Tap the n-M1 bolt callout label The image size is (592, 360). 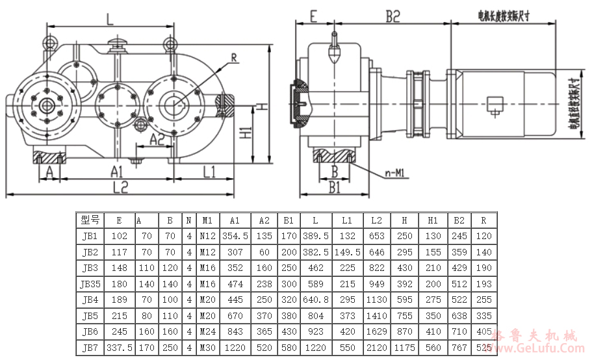click(x=394, y=174)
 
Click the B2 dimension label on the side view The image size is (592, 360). click(x=392, y=18)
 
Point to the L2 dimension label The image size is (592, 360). click(x=121, y=187)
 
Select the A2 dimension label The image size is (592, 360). click(x=157, y=138)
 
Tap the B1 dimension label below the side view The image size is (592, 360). click(x=334, y=187)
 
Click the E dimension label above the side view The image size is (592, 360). click(x=313, y=17)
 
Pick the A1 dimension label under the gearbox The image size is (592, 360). click(x=116, y=172)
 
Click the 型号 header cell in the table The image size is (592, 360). click(x=89, y=220)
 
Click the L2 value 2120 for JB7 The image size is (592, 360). click(x=377, y=348)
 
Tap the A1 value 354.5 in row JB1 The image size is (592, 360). click(x=235, y=236)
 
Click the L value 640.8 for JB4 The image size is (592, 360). click(x=316, y=300)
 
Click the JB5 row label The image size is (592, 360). click(x=89, y=316)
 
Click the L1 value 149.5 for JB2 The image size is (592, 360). click(x=347, y=251)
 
